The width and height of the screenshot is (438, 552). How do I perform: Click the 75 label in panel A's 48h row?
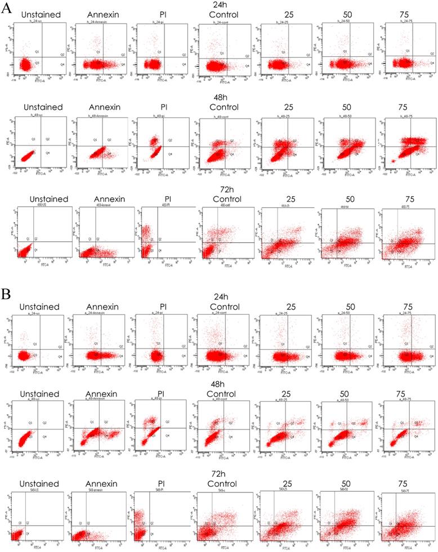tap(409, 108)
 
